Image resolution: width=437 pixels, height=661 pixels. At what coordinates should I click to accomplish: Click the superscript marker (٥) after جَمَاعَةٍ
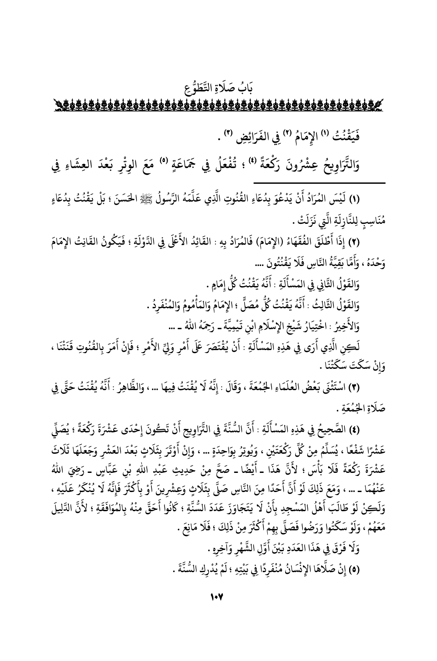[x=233, y=151]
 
